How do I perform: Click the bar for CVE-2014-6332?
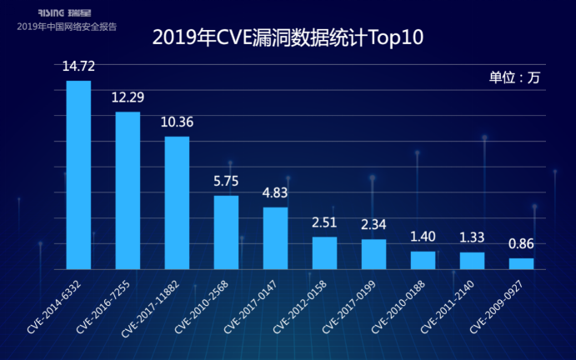tap(78, 175)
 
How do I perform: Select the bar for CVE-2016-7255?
tap(128, 191)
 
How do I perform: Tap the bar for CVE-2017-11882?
tap(177, 202)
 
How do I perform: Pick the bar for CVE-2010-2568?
tap(226, 232)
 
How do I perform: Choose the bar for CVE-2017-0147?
tap(275, 238)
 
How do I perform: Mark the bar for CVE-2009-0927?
tap(521, 263)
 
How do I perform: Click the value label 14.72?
tap(78, 67)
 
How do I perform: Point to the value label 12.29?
tap(128, 97)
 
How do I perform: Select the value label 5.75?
tap(226, 181)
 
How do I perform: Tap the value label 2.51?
tap(324, 222)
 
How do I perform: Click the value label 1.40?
tap(423, 237)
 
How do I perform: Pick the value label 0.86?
tap(521, 244)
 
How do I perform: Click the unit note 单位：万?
tap(514, 77)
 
